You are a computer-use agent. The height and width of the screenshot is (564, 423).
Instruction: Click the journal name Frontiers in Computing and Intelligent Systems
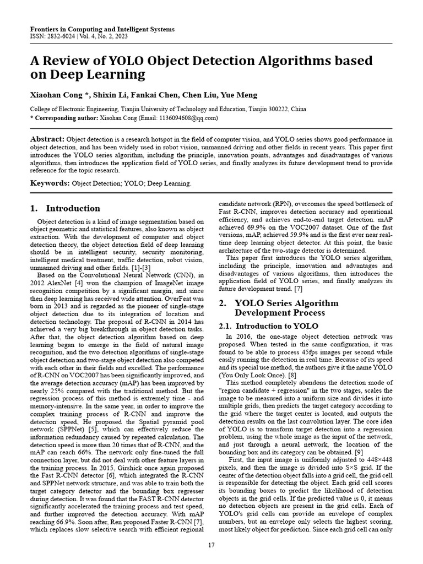point(102,29)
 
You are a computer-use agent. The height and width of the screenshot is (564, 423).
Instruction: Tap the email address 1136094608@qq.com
point(189,117)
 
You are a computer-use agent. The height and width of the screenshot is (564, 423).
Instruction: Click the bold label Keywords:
point(50,183)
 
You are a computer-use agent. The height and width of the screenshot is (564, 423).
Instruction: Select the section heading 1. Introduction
point(65,208)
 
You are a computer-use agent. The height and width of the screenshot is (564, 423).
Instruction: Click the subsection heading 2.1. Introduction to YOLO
point(261,326)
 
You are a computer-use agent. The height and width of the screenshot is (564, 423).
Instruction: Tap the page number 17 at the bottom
point(211,545)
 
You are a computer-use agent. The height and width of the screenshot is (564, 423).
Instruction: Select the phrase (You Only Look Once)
point(252,375)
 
